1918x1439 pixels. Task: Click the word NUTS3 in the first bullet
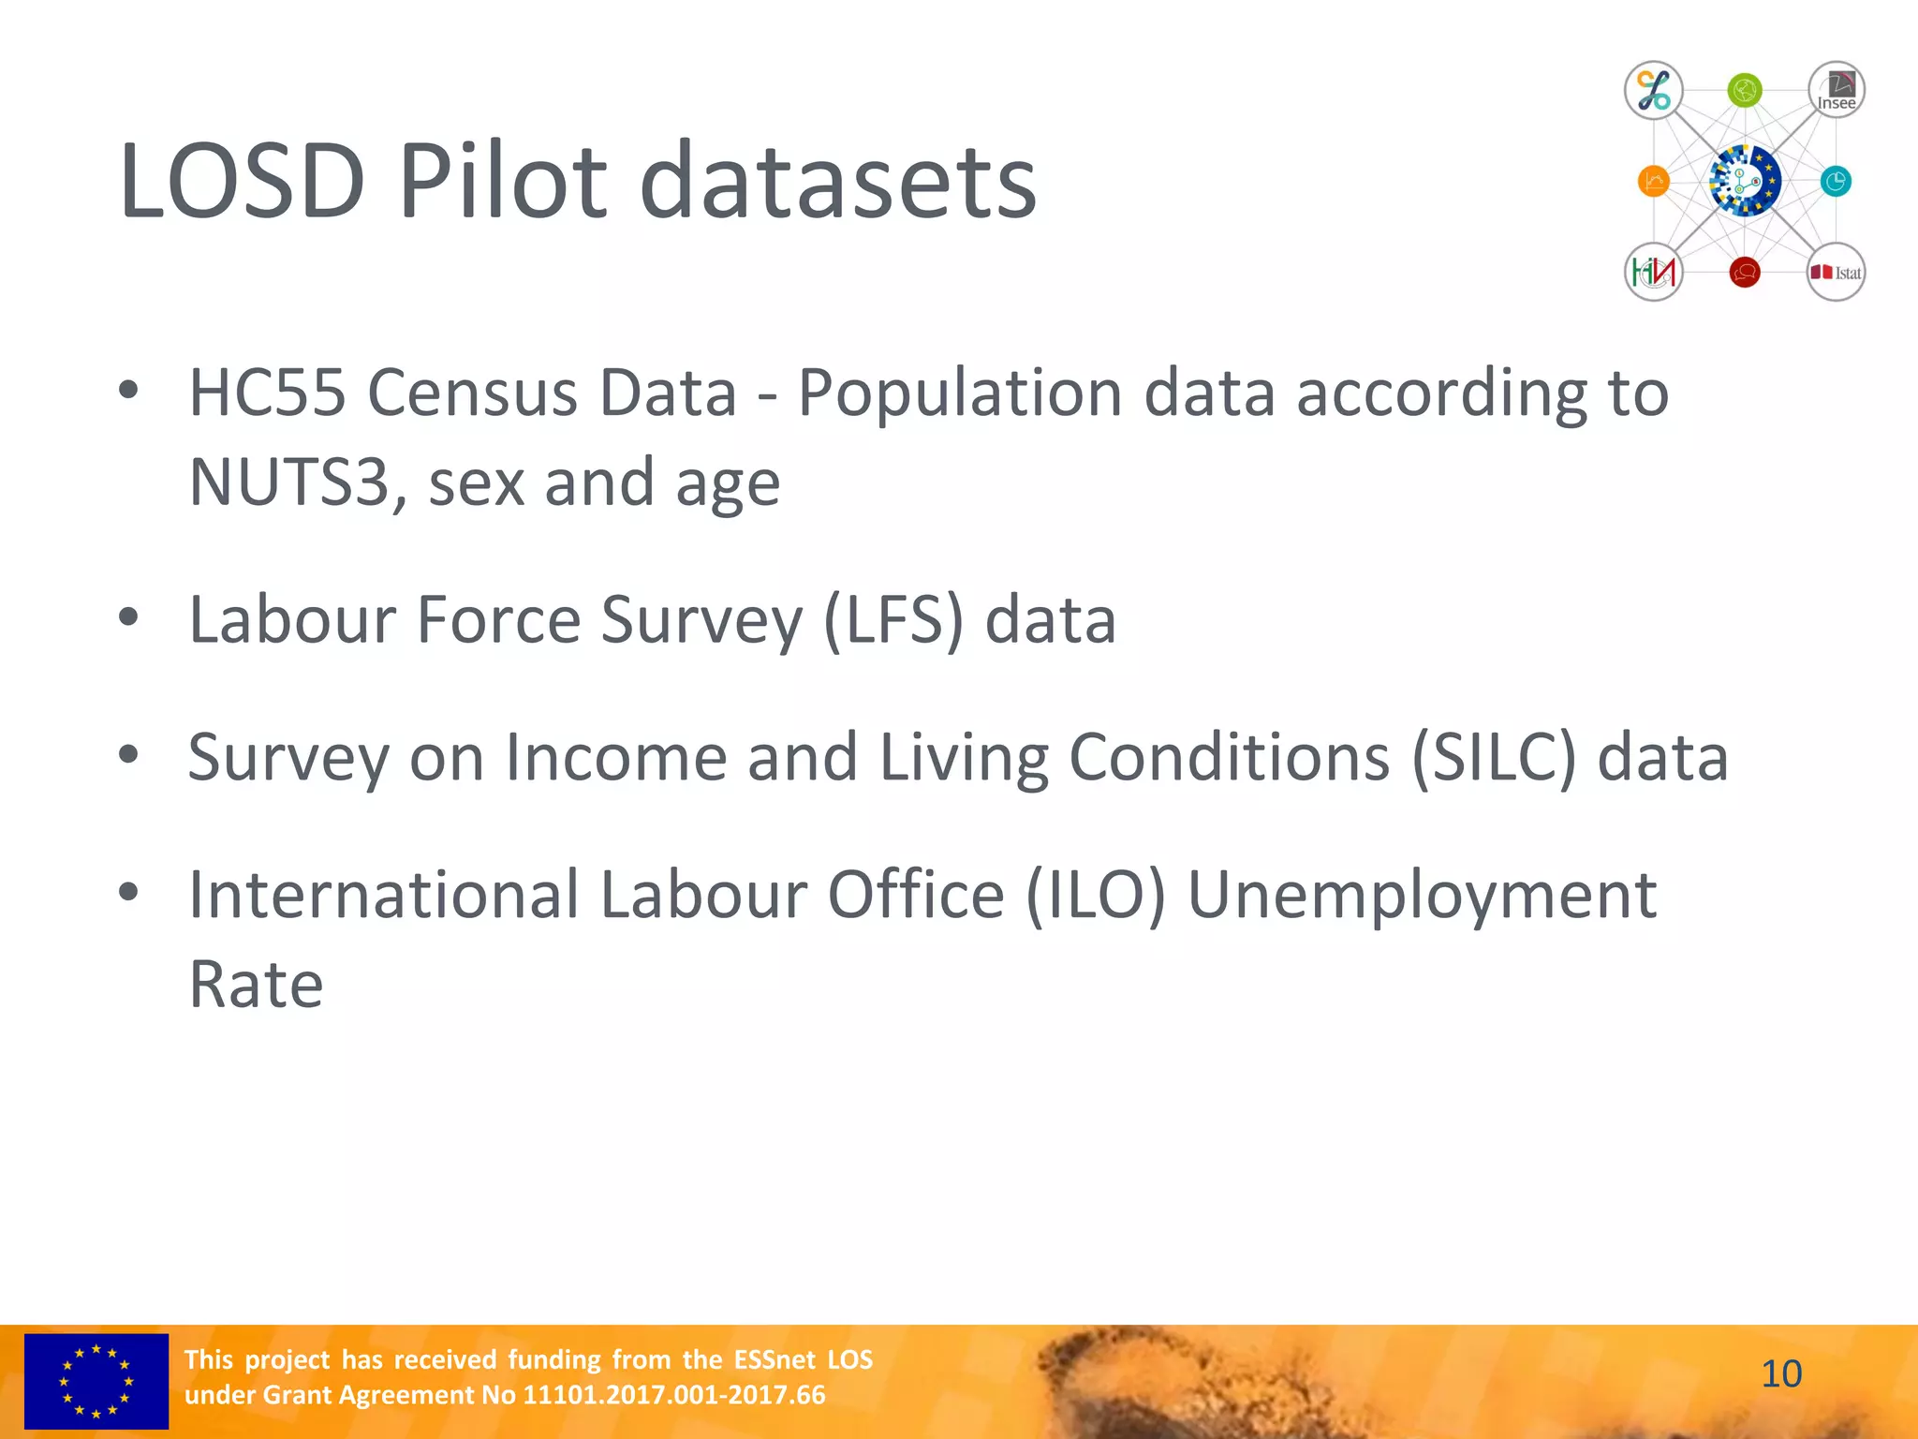point(289,482)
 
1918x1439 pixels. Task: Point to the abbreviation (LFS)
point(893,620)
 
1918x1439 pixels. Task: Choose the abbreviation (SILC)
point(1494,757)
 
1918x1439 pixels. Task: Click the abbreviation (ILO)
point(1096,895)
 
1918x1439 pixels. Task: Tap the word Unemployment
point(1423,895)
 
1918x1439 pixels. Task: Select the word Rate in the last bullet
point(256,985)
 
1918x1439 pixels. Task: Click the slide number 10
point(1781,1374)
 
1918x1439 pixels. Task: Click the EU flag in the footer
point(96,1381)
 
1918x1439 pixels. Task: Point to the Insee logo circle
point(1836,91)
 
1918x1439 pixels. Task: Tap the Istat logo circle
point(1836,273)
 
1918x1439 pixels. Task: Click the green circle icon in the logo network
point(1745,91)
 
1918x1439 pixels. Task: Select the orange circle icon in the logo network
point(1654,181)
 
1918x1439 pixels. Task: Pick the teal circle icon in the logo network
point(1836,181)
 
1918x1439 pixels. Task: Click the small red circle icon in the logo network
point(1745,273)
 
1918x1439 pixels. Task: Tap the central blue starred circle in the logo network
point(1745,181)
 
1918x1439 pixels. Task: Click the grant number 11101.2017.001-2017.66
point(673,1395)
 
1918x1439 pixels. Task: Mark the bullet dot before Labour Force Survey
point(128,617)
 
